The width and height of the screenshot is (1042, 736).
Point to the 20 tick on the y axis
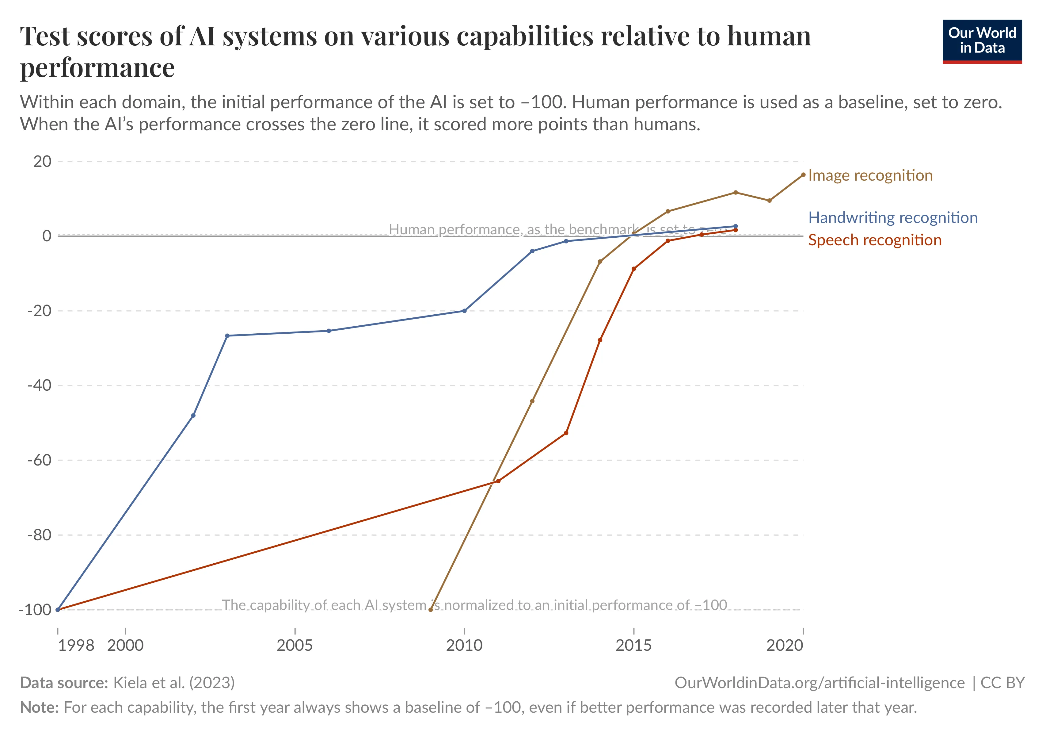pos(42,161)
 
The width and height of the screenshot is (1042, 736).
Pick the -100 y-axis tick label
pos(35,609)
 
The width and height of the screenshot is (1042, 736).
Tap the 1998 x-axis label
pos(76,645)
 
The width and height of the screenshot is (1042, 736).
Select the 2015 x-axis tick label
pos(633,645)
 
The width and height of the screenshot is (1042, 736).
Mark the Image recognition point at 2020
pos(803,175)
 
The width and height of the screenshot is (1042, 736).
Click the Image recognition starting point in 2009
pos(431,609)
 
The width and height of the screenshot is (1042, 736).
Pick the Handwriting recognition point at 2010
pos(464,311)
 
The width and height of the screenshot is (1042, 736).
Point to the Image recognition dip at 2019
pos(769,200)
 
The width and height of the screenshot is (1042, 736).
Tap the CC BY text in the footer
pos(1002,683)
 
